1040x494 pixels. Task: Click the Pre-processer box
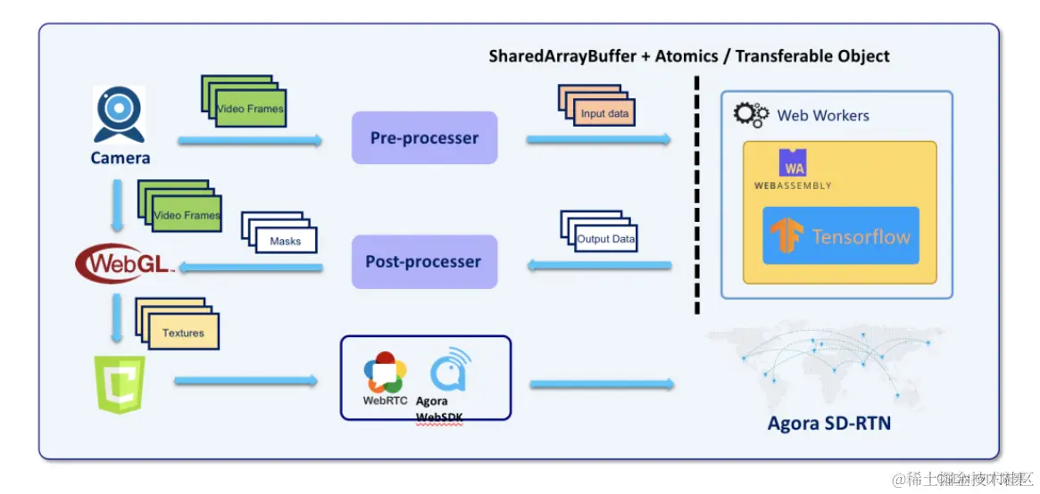pos(424,138)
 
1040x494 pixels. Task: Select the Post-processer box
pos(423,261)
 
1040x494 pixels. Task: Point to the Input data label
pos(604,113)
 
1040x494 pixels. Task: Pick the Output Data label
pos(605,239)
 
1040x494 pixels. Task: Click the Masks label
pos(285,241)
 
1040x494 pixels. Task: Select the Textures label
pos(183,333)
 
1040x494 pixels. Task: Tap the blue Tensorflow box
pos(840,236)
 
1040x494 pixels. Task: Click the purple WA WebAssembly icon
pos(793,163)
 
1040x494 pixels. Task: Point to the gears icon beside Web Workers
pos(751,114)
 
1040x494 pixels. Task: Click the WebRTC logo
pos(386,374)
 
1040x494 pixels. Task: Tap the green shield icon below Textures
pos(120,383)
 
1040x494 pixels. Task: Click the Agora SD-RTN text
pos(828,423)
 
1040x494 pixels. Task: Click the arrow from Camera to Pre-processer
pos(250,140)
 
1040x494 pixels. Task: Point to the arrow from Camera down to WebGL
pos(118,207)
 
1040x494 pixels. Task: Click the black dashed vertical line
pos(696,196)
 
